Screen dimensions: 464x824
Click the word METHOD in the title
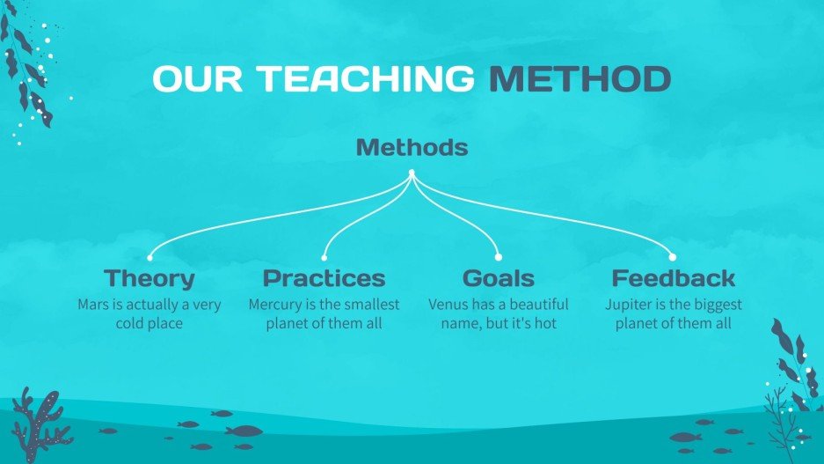(x=580, y=79)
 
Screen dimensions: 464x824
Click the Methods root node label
(x=412, y=148)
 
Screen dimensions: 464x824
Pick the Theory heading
(x=149, y=279)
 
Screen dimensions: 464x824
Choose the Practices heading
(x=324, y=279)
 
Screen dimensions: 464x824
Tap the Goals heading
(x=498, y=279)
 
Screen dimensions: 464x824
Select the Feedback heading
(x=673, y=279)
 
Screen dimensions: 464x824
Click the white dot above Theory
(x=150, y=258)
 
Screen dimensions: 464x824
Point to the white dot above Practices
(x=324, y=258)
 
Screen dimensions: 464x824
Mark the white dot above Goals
(x=499, y=258)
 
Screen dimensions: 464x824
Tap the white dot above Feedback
(x=673, y=258)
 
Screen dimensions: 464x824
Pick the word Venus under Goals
(x=448, y=306)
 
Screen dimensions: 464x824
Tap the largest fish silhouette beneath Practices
(x=244, y=431)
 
